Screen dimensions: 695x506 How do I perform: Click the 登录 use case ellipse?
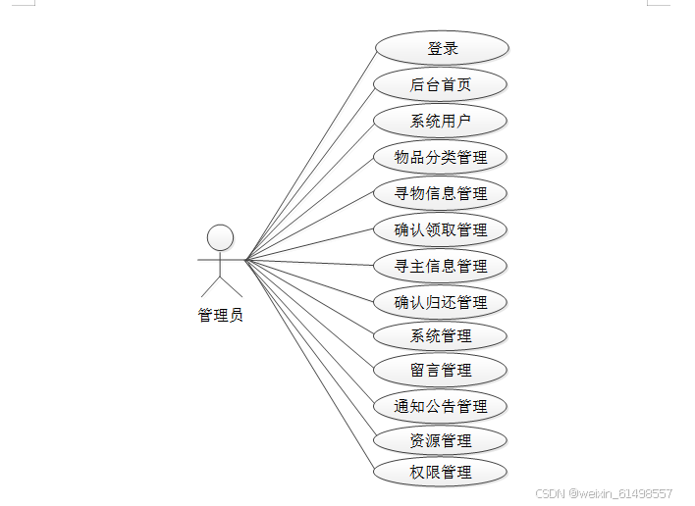click(441, 48)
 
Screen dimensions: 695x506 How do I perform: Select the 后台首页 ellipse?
click(441, 84)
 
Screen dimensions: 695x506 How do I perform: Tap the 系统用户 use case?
click(441, 122)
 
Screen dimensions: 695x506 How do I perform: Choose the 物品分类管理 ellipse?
click(441, 157)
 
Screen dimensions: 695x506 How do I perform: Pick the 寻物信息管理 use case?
click(441, 193)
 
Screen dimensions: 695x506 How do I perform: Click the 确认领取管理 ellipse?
click(441, 229)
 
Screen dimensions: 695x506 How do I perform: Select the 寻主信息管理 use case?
click(441, 266)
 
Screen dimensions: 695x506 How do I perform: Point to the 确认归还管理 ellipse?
click(441, 302)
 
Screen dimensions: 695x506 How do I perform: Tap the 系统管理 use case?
click(441, 336)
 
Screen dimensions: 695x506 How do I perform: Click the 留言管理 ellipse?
click(441, 371)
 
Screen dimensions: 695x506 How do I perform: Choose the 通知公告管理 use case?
click(441, 406)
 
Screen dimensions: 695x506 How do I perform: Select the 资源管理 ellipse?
click(441, 440)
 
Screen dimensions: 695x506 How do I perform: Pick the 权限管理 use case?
click(441, 472)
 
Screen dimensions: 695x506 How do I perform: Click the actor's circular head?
click(221, 237)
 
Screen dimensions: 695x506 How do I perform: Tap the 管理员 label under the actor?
click(221, 315)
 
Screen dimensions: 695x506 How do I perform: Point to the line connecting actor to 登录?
click(310, 154)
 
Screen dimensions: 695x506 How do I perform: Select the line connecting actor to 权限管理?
click(310, 365)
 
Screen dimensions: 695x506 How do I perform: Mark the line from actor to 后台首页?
click(310, 173)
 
